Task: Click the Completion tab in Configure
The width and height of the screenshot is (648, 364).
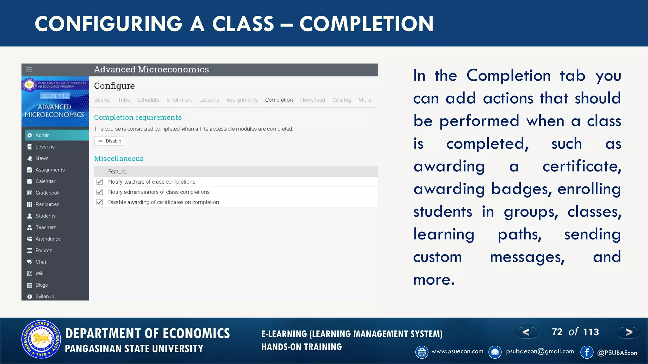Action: click(x=279, y=100)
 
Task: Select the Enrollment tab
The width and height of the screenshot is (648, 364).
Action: click(x=179, y=100)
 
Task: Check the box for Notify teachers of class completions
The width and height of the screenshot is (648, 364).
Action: click(x=100, y=182)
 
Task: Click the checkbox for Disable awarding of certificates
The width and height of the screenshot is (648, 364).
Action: click(x=100, y=202)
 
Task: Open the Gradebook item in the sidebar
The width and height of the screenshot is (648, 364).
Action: click(x=47, y=193)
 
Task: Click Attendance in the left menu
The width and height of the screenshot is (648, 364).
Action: click(x=48, y=239)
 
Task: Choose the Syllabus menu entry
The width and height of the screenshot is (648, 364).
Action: click(x=45, y=296)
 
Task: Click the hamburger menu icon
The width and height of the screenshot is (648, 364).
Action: click(x=29, y=69)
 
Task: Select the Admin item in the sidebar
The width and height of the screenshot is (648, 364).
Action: click(x=43, y=135)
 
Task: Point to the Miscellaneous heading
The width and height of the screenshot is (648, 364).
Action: click(x=119, y=159)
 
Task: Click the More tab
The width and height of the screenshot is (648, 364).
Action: click(x=364, y=100)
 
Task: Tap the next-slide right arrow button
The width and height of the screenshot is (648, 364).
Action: click(x=629, y=332)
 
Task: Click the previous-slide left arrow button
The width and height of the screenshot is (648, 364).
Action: click(x=527, y=332)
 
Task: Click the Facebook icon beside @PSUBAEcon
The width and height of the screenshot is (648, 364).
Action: click(x=587, y=352)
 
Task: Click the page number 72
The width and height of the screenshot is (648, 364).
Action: click(x=557, y=332)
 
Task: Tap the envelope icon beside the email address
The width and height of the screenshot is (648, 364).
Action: click(x=495, y=352)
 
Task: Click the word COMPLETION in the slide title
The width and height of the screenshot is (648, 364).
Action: click(x=366, y=24)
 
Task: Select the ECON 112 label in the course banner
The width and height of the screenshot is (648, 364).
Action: click(x=55, y=96)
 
